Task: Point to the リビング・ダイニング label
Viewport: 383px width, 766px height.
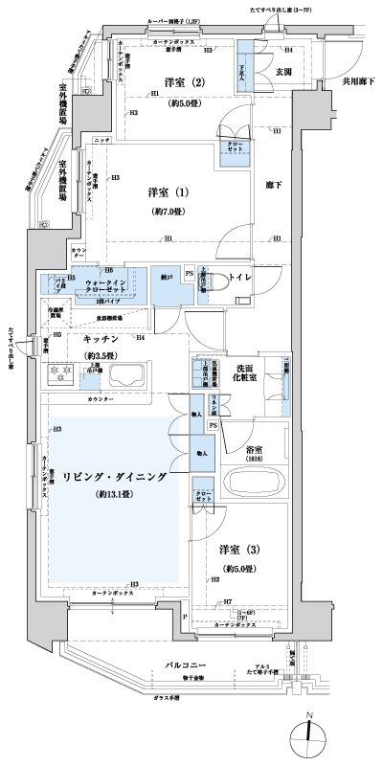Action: click(x=116, y=476)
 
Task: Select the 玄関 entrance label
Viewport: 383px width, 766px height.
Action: click(x=283, y=71)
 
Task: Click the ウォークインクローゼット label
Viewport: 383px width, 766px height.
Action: click(x=106, y=285)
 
